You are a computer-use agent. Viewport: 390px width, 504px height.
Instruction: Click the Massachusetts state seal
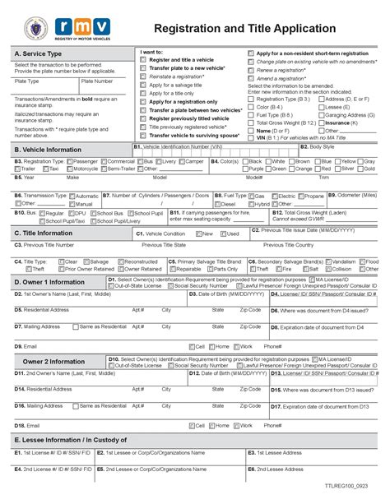(31, 27)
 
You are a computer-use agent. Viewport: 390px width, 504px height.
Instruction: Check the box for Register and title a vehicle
(143, 60)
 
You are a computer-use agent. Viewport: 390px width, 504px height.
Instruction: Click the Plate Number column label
(97, 81)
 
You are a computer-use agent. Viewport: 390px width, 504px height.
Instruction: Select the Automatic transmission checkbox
(72, 197)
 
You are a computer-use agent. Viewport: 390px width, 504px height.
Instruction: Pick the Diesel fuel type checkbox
(216, 204)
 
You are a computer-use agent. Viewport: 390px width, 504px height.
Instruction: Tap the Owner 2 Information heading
(53, 361)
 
